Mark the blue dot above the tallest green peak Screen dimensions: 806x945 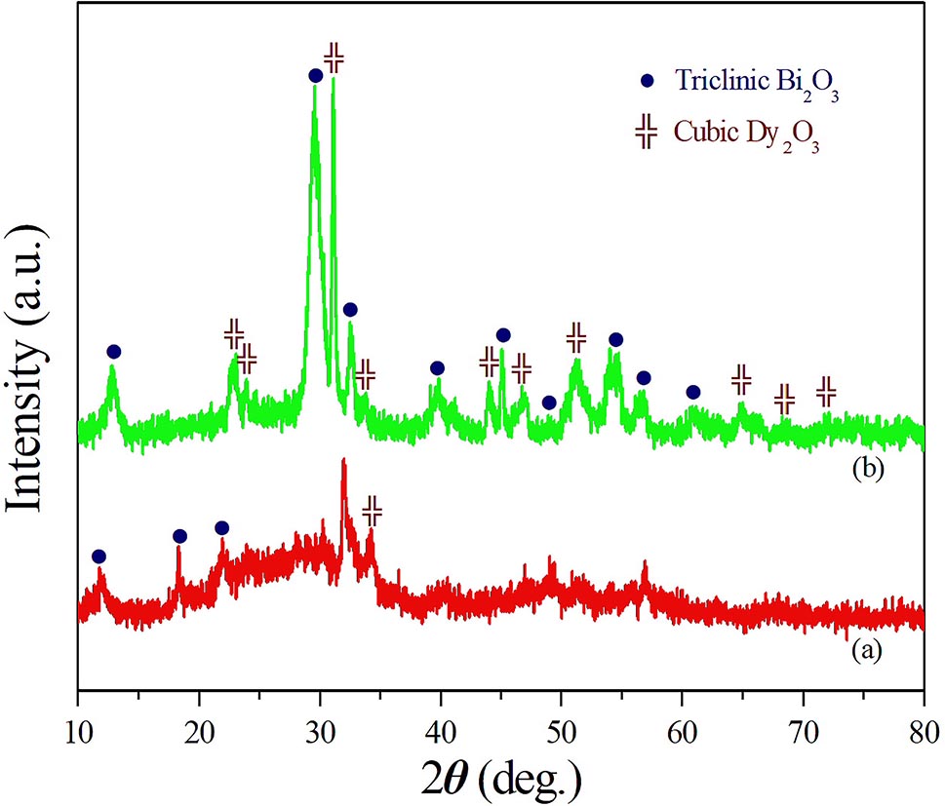(315, 75)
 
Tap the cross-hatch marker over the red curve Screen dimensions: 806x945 (372, 509)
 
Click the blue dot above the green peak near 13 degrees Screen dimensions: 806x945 (113, 351)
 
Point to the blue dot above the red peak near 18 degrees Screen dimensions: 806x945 (179, 536)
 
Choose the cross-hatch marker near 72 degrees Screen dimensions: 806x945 (826, 392)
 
